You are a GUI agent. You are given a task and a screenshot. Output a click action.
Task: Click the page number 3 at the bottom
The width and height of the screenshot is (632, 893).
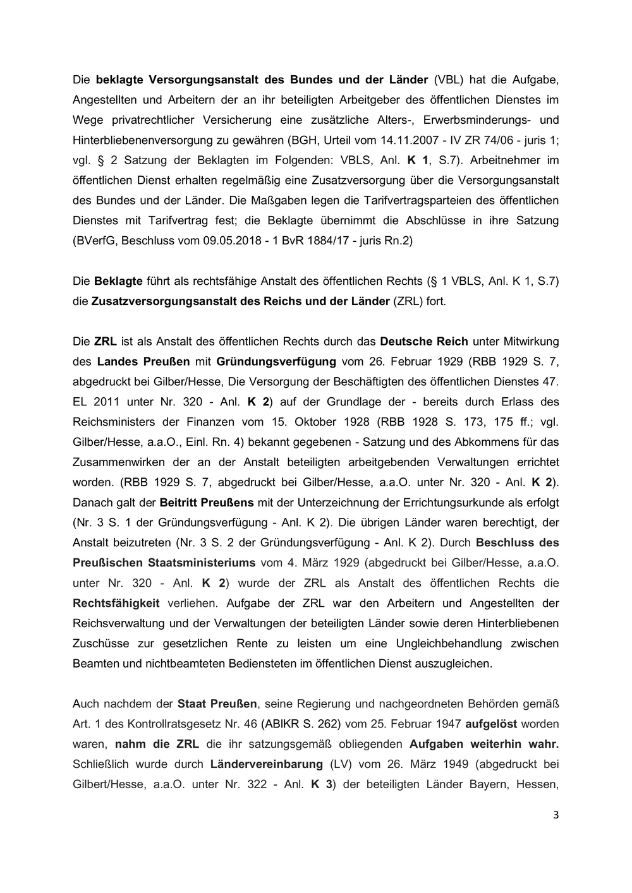[x=556, y=815]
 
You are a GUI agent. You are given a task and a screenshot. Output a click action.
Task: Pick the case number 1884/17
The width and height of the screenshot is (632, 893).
[x=326, y=241]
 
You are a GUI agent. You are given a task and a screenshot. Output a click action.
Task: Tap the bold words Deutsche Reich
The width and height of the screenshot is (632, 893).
[x=424, y=342]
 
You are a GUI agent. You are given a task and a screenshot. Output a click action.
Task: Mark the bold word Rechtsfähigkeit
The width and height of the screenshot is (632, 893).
[x=116, y=603]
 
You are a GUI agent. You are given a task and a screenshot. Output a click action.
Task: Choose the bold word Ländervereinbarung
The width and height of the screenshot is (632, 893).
[x=267, y=764]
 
